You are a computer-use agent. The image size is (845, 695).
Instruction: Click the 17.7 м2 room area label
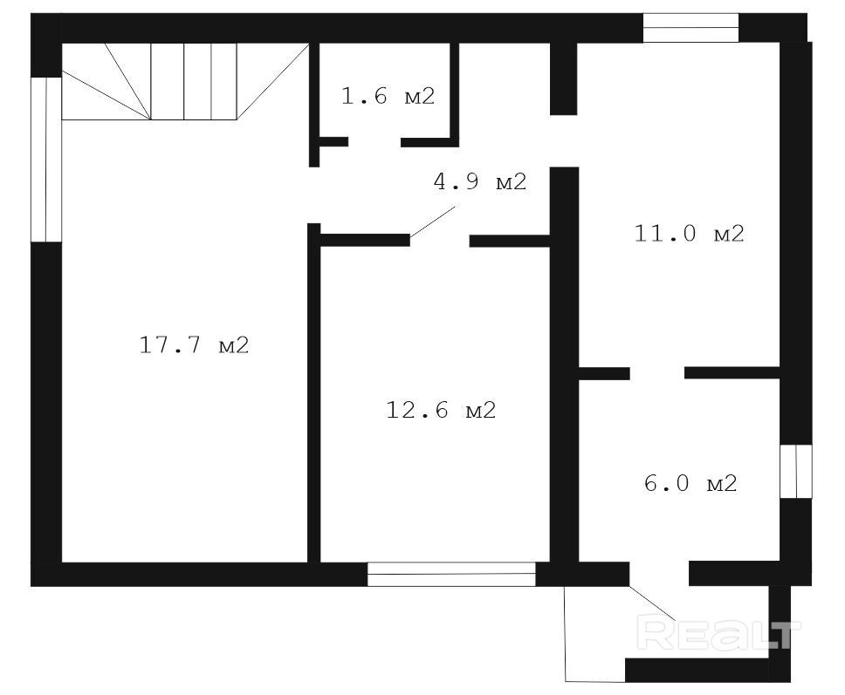pos(194,344)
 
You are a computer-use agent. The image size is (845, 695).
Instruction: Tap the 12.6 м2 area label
pos(441,410)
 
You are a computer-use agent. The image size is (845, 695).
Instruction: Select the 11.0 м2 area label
pos(690,233)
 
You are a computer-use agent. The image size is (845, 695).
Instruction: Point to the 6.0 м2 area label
pos(690,483)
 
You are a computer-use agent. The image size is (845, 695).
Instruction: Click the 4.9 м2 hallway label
pos(479,181)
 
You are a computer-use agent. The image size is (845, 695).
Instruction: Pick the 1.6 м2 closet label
pos(388,97)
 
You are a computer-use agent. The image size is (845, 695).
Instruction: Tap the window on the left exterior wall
pos(46,160)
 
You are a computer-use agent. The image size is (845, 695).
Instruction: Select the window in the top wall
pos(690,27)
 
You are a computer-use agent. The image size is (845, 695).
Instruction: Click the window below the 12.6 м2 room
pos(451,574)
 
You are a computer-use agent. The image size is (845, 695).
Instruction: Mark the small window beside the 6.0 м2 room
pos(796,471)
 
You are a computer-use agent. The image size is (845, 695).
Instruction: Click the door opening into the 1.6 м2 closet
pos(374,142)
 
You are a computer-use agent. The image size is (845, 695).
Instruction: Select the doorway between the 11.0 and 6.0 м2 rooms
pos(657,373)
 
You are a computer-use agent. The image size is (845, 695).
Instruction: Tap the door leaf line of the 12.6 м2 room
pos(433,221)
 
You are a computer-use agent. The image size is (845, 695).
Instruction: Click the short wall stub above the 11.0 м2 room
pos(564,78)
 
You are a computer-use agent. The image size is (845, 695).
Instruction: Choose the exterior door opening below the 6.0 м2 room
pos(659,574)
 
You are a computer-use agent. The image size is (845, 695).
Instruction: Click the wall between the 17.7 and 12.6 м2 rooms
pos(314,393)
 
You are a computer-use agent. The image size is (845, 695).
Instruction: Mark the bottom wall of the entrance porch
pos(697,670)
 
